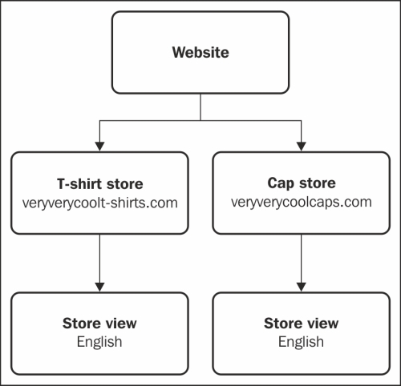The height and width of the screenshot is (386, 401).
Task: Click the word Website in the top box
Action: pos(200,52)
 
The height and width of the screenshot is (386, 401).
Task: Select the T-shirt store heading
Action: pos(100,184)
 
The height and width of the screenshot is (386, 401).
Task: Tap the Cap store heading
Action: pos(302,183)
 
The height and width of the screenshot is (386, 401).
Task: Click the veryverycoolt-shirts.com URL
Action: pos(100,203)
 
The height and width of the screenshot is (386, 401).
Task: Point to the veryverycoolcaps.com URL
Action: pos(302,202)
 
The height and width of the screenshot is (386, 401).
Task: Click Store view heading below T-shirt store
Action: pos(99,324)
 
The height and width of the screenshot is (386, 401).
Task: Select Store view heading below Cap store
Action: pos(302,324)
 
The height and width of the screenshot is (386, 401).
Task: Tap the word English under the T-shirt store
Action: pos(99,342)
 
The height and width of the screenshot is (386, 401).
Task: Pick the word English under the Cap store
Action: pos(301,342)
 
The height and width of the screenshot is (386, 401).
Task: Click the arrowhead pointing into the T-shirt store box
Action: pos(99,147)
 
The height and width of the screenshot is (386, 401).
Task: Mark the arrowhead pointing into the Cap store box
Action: pos(302,147)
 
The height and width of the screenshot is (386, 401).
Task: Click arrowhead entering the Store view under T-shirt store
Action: pos(99,287)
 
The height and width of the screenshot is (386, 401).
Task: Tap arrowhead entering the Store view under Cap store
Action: pos(302,287)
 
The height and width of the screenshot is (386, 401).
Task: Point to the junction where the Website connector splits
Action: pos(200,121)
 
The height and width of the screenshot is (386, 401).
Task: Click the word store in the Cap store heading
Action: pos(318,183)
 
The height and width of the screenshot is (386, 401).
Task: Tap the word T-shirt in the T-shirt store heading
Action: pos(79,184)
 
